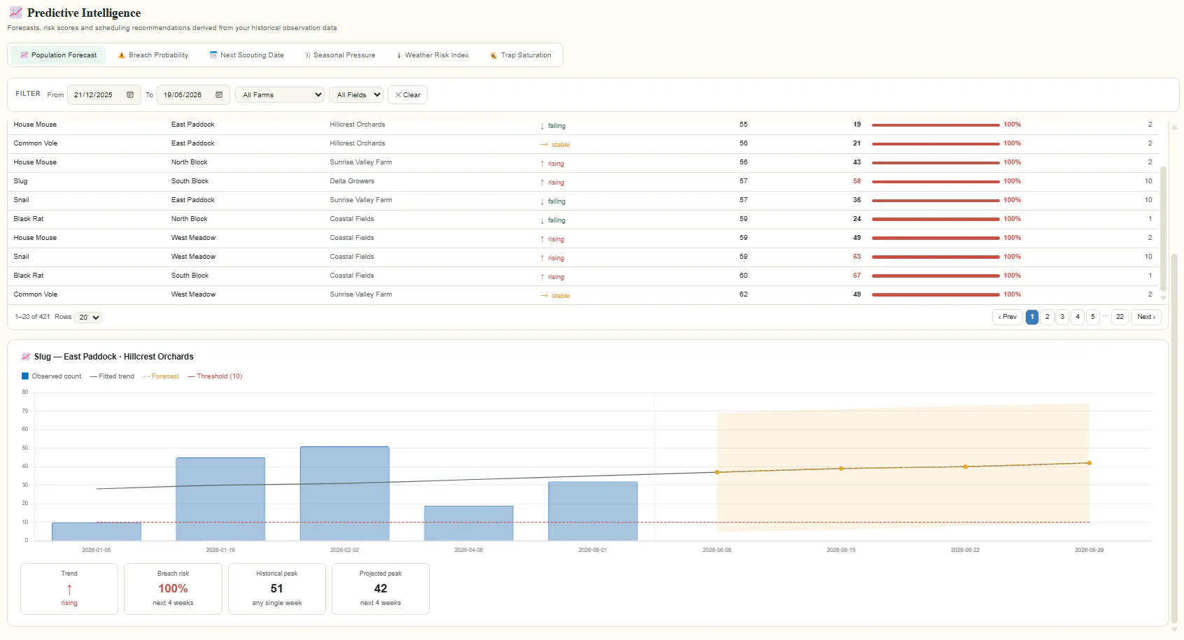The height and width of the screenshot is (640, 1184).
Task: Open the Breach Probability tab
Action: [x=153, y=55]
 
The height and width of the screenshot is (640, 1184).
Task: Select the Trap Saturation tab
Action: [x=520, y=55]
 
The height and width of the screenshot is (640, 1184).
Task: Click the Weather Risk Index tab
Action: [x=432, y=55]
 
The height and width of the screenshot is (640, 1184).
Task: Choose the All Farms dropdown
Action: [x=280, y=94]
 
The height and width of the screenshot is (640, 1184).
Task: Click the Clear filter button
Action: [x=407, y=94]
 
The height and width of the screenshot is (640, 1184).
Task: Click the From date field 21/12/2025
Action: [x=104, y=94]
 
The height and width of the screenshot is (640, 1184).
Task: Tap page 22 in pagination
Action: [x=1120, y=317]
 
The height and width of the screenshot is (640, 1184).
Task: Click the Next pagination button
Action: [x=1146, y=317]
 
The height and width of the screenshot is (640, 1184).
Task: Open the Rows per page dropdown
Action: [x=87, y=317]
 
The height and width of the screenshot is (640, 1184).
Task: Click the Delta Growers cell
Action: [x=351, y=180]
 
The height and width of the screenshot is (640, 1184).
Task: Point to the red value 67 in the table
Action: [x=857, y=276]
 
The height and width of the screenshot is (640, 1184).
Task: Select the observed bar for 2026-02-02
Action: [x=344, y=494]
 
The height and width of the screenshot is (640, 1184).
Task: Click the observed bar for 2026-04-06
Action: [x=468, y=523]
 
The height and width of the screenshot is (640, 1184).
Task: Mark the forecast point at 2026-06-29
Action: [x=1090, y=463]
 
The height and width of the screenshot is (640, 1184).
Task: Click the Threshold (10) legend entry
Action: [x=215, y=376]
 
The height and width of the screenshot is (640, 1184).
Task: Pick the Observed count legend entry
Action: [x=51, y=376]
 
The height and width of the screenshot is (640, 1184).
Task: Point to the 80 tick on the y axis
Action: [x=25, y=392]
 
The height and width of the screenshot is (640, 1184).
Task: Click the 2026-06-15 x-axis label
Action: [x=841, y=550]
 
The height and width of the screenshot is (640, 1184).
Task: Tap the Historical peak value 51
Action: [x=276, y=588]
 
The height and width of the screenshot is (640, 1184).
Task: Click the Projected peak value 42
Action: [x=381, y=588]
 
